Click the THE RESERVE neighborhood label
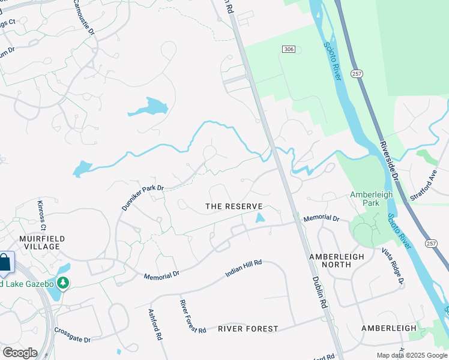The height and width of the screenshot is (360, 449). coord(234,206)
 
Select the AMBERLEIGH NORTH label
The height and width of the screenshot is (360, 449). coord(337,260)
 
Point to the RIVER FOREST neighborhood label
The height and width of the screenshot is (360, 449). coord(248,329)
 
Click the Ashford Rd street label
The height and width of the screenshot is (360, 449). coord(156,325)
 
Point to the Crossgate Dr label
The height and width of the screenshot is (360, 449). coord(72,335)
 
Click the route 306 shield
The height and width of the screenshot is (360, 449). coord(289,49)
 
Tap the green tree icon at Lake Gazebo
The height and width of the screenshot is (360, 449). coord(62,283)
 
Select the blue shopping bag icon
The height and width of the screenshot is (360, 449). coord(4,263)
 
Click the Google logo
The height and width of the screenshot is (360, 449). coord(19,352)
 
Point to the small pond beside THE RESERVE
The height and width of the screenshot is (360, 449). coord(259,218)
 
